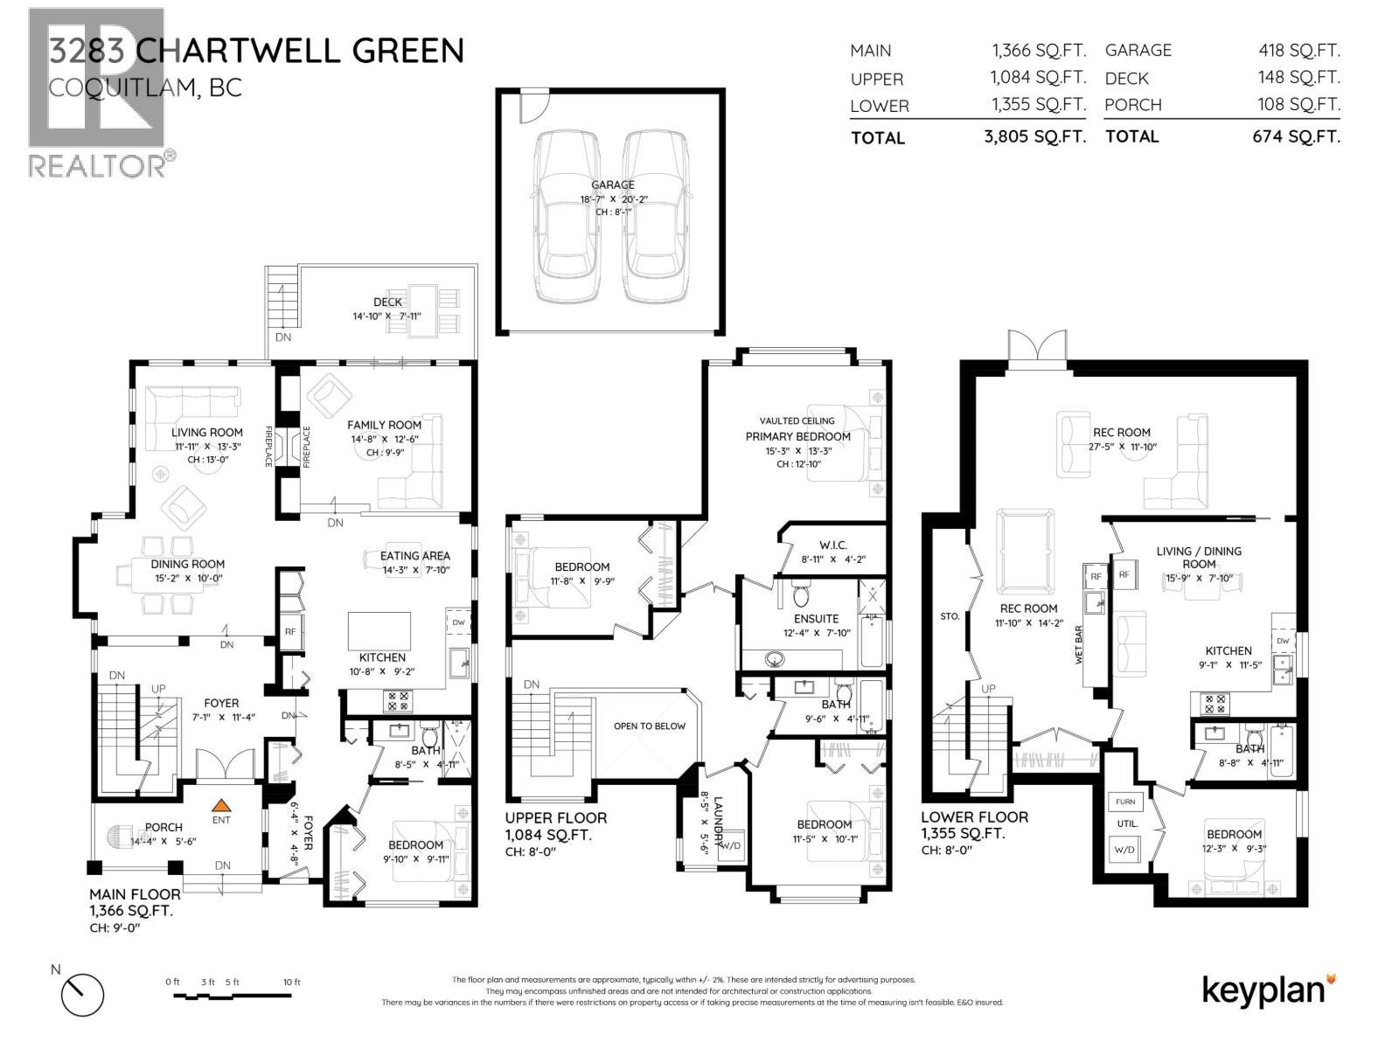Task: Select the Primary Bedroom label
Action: [797, 436]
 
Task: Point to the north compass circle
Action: [83, 994]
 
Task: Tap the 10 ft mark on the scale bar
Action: [292, 983]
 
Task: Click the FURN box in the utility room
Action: [1125, 802]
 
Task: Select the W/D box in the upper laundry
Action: [728, 845]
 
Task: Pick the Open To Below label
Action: [649, 726]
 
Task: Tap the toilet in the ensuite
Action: [798, 596]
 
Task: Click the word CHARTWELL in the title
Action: [240, 51]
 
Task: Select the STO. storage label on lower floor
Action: [950, 616]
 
